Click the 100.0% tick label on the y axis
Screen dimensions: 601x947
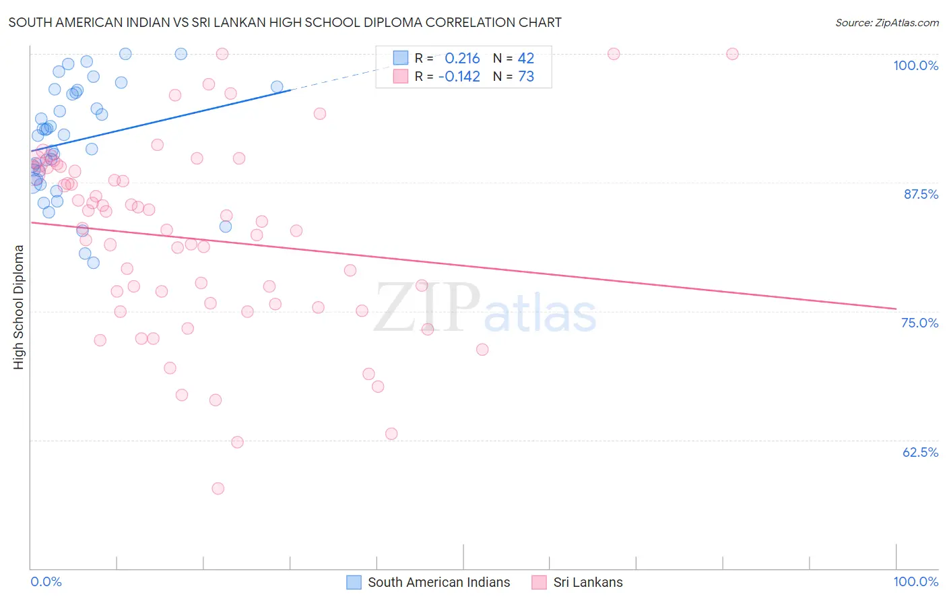point(915,65)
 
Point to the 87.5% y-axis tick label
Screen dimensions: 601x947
point(921,194)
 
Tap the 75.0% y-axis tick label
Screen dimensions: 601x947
point(919,323)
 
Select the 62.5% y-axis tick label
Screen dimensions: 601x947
point(920,452)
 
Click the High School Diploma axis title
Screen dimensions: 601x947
point(19,307)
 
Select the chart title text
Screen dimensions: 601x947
point(285,22)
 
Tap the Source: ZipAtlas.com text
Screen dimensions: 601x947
point(886,22)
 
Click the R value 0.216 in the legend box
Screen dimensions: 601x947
point(462,58)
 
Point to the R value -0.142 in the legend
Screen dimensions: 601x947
point(459,76)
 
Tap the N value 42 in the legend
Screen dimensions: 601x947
point(525,58)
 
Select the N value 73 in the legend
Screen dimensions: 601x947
point(525,76)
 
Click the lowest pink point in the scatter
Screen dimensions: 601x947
point(218,488)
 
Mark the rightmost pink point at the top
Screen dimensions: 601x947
point(732,54)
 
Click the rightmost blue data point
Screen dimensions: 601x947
point(277,87)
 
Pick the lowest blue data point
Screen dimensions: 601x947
point(94,263)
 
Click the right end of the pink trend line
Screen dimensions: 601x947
point(896,309)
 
